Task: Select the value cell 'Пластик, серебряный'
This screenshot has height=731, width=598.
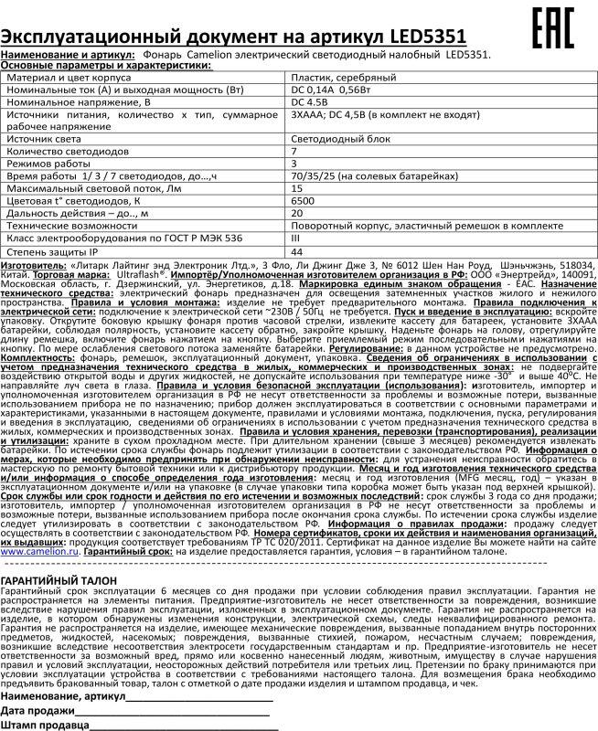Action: coord(330,79)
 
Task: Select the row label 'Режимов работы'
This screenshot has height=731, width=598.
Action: coord(54,161)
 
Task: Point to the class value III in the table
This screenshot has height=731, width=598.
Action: coord(294,236)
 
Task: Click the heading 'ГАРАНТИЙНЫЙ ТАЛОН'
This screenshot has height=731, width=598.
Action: coord(63,581)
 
